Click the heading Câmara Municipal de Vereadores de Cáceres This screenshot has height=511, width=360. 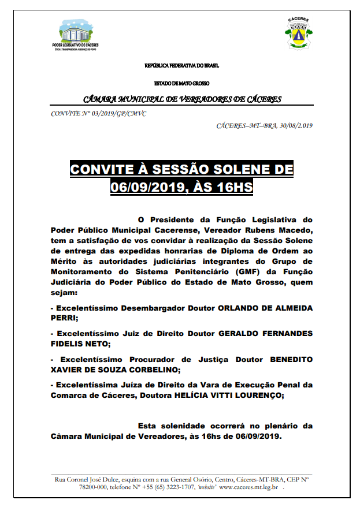tap(183, 99)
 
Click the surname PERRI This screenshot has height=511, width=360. tap(63, 318)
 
